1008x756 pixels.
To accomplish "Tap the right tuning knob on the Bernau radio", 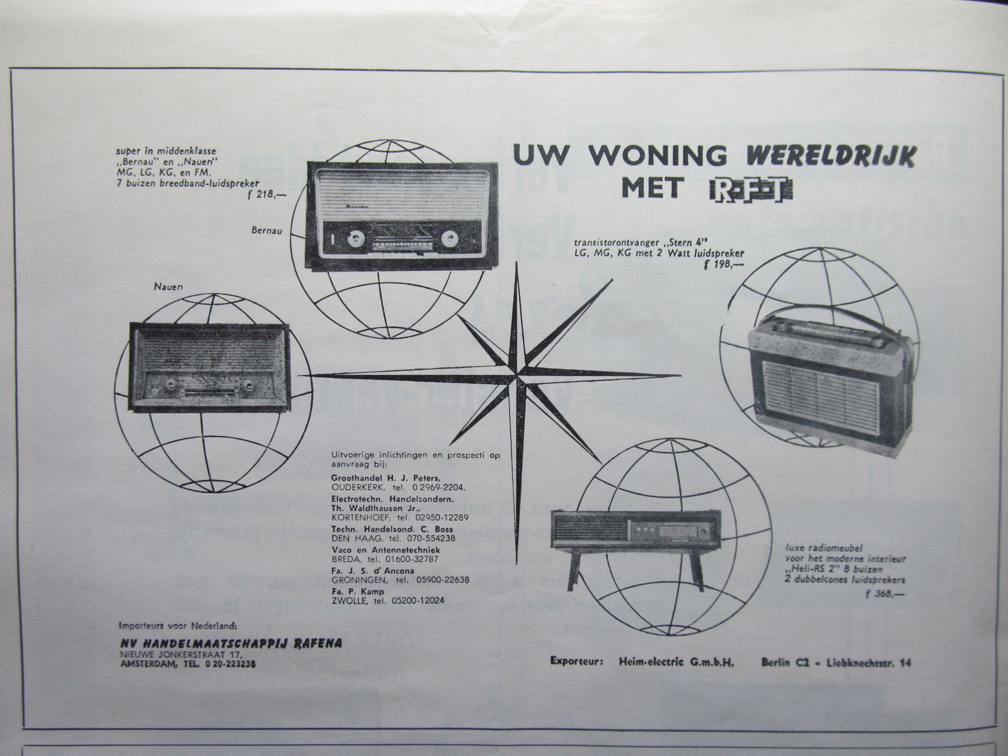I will [450, 238].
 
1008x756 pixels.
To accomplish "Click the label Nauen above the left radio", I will [168, 287].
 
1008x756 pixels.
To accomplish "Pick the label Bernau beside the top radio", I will [266, 231].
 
